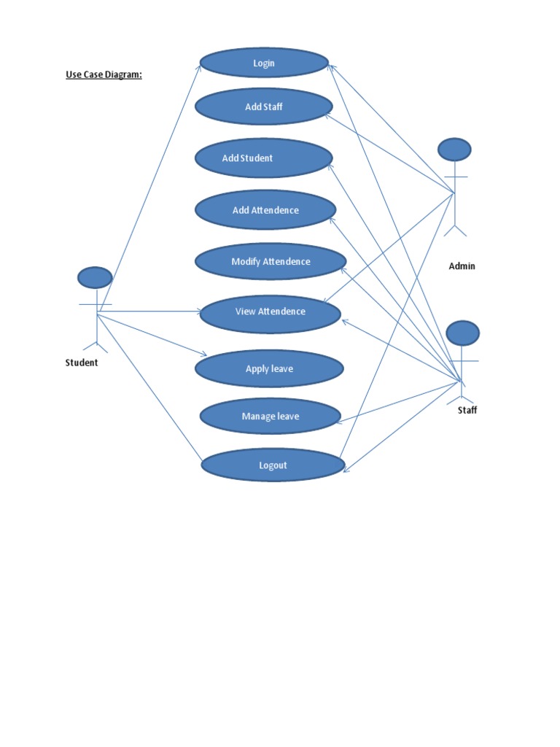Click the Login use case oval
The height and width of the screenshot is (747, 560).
tap(264, 63)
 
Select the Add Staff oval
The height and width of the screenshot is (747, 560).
tap(264, 107)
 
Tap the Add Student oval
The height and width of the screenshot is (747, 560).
tap(263, 158)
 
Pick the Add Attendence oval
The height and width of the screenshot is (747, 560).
tap(265, 210)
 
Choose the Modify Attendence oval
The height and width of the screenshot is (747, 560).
tap(271, 261)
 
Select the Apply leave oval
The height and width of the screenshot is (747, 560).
tap(269, 368)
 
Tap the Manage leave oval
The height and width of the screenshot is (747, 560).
tap(271, 417)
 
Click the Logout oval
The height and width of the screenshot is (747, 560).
tap(273, 465)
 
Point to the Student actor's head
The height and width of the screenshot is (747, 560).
tap(95, 277)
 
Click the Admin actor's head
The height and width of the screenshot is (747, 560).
tap(454, 150)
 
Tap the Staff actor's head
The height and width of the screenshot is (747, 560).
tap(462, 333)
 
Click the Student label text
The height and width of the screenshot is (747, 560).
tap(82, 363)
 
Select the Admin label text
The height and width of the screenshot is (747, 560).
tap(462, 266)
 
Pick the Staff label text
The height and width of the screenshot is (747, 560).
tap(467, 410)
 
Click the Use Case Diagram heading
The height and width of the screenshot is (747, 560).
tap(104, 74)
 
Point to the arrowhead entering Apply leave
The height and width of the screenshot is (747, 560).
tap(205, 355)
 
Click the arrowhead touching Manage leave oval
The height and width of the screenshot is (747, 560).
tap(337, 420)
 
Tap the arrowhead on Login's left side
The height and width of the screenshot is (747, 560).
tap(201, 66)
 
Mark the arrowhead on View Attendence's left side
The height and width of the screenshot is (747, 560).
tap(200, 311)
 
